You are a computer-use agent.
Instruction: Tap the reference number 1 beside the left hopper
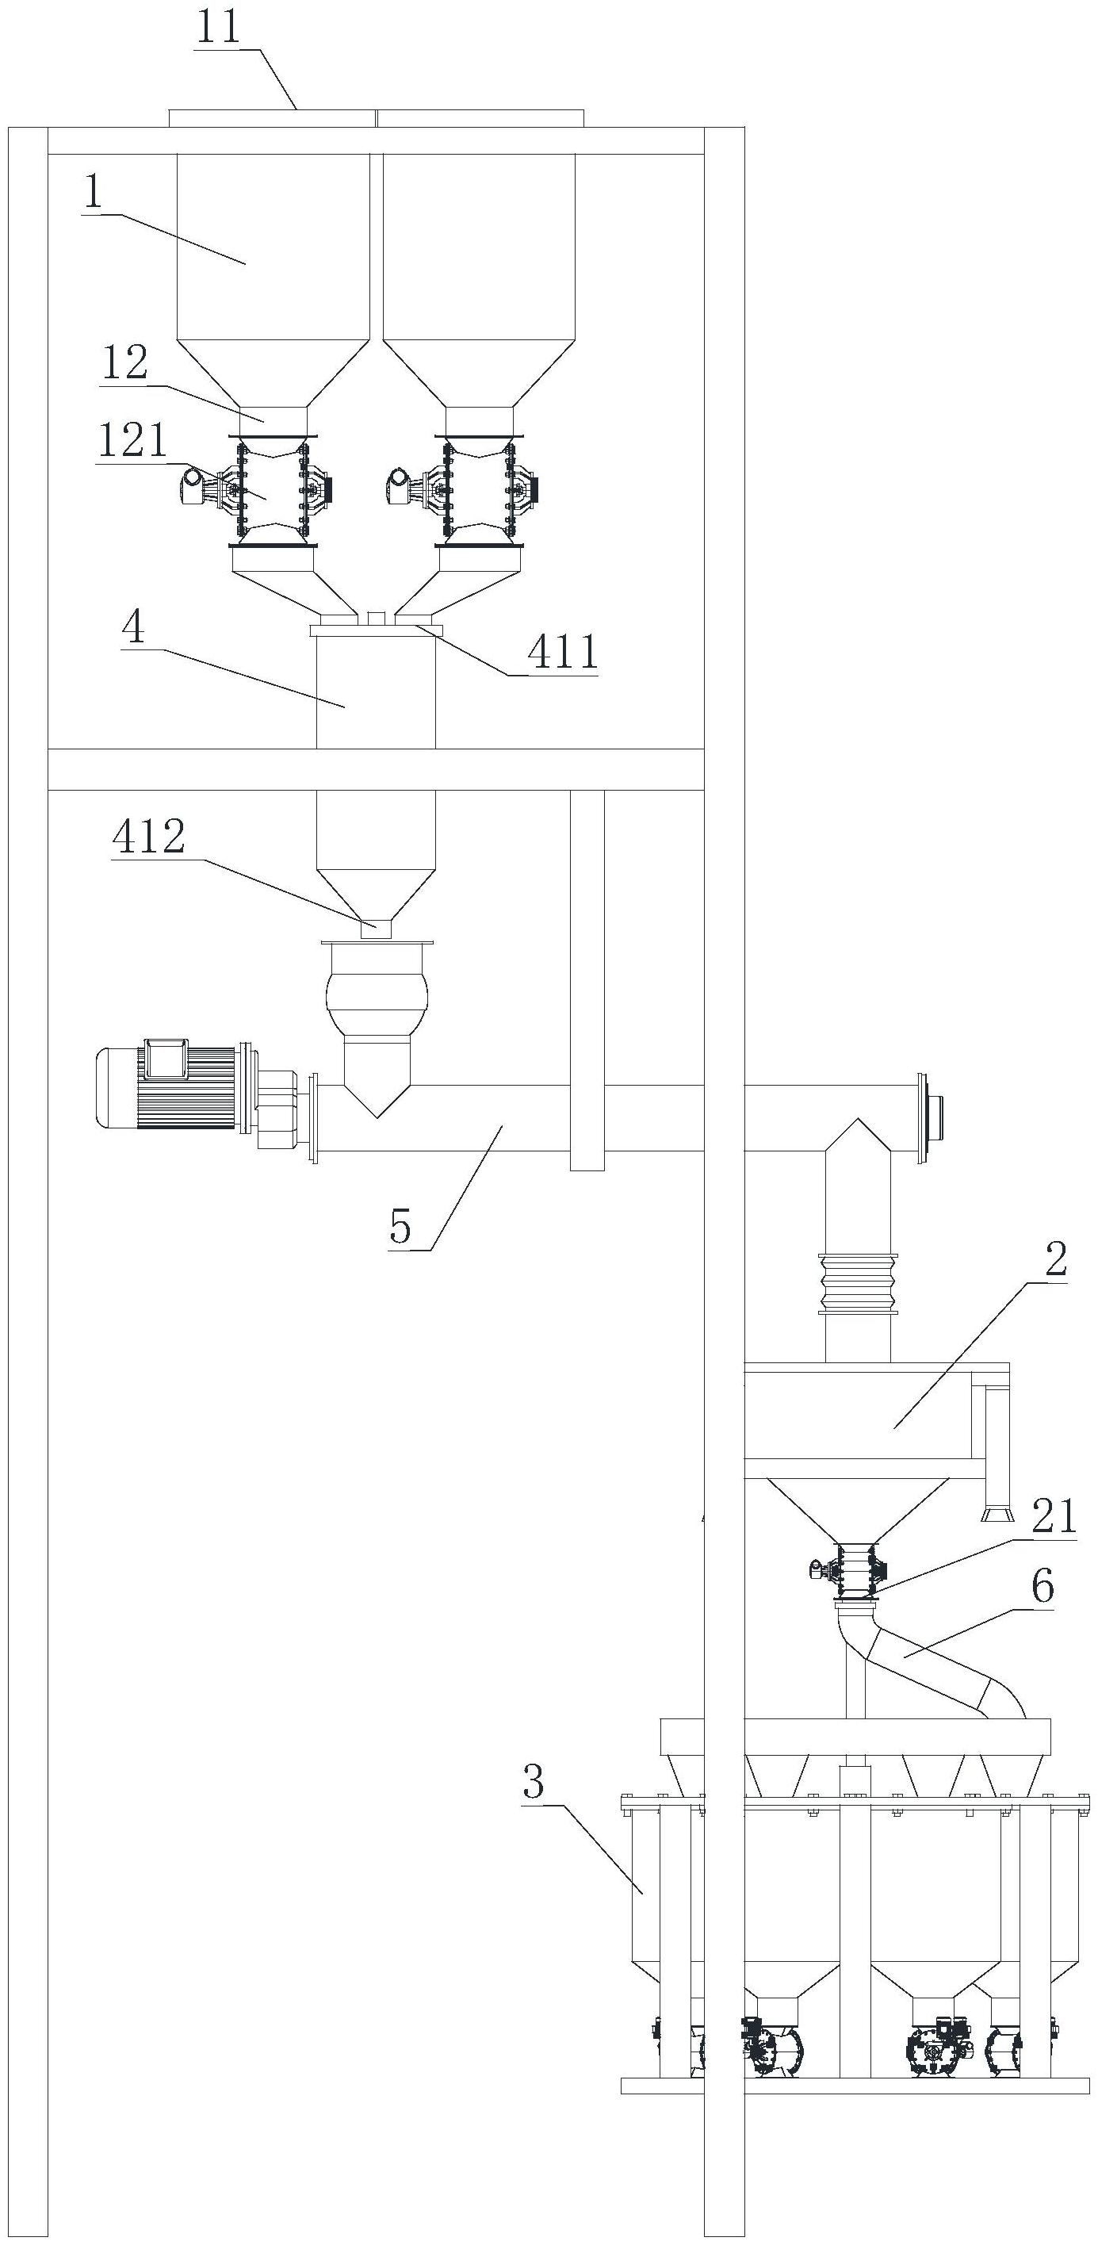pos(94,193)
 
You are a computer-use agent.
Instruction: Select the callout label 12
pos(125,363)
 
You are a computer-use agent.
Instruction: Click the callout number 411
pos(564,651)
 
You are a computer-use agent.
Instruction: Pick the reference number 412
pos(149,837)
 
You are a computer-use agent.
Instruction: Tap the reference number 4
pos(133,626)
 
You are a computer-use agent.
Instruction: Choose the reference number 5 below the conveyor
pos(401,1227)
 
